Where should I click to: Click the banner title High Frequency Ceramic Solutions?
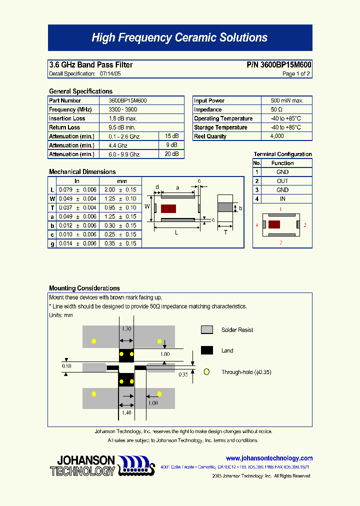[x=179, y=37]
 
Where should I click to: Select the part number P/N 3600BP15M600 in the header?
[x=279, y=65]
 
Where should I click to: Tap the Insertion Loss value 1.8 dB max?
[x=122, y=118]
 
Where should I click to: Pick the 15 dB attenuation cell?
[x=171, y=136]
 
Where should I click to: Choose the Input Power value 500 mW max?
[x=287, y=100]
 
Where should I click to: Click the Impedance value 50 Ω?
[x=276, y=109]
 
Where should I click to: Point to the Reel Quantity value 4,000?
[x=276, y=136]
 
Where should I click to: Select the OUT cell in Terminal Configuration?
[x=282, y=181]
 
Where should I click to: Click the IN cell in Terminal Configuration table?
[x=282, y=199]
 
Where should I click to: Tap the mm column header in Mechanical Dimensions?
[x=121, y=181]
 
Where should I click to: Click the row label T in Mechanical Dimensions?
[x=52, y=207]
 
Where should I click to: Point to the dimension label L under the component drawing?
[x=176, y=233]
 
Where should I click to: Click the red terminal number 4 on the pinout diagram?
[x=257, y=225]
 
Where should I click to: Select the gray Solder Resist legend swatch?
[x=207, y=330]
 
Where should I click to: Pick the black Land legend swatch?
[x=207, y=350]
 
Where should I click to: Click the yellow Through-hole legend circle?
[x=206, y=372]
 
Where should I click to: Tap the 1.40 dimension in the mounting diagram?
[x=126, y=413]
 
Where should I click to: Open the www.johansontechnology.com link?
[x=269, y=458]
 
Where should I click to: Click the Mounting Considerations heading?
[x=84, y=288]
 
